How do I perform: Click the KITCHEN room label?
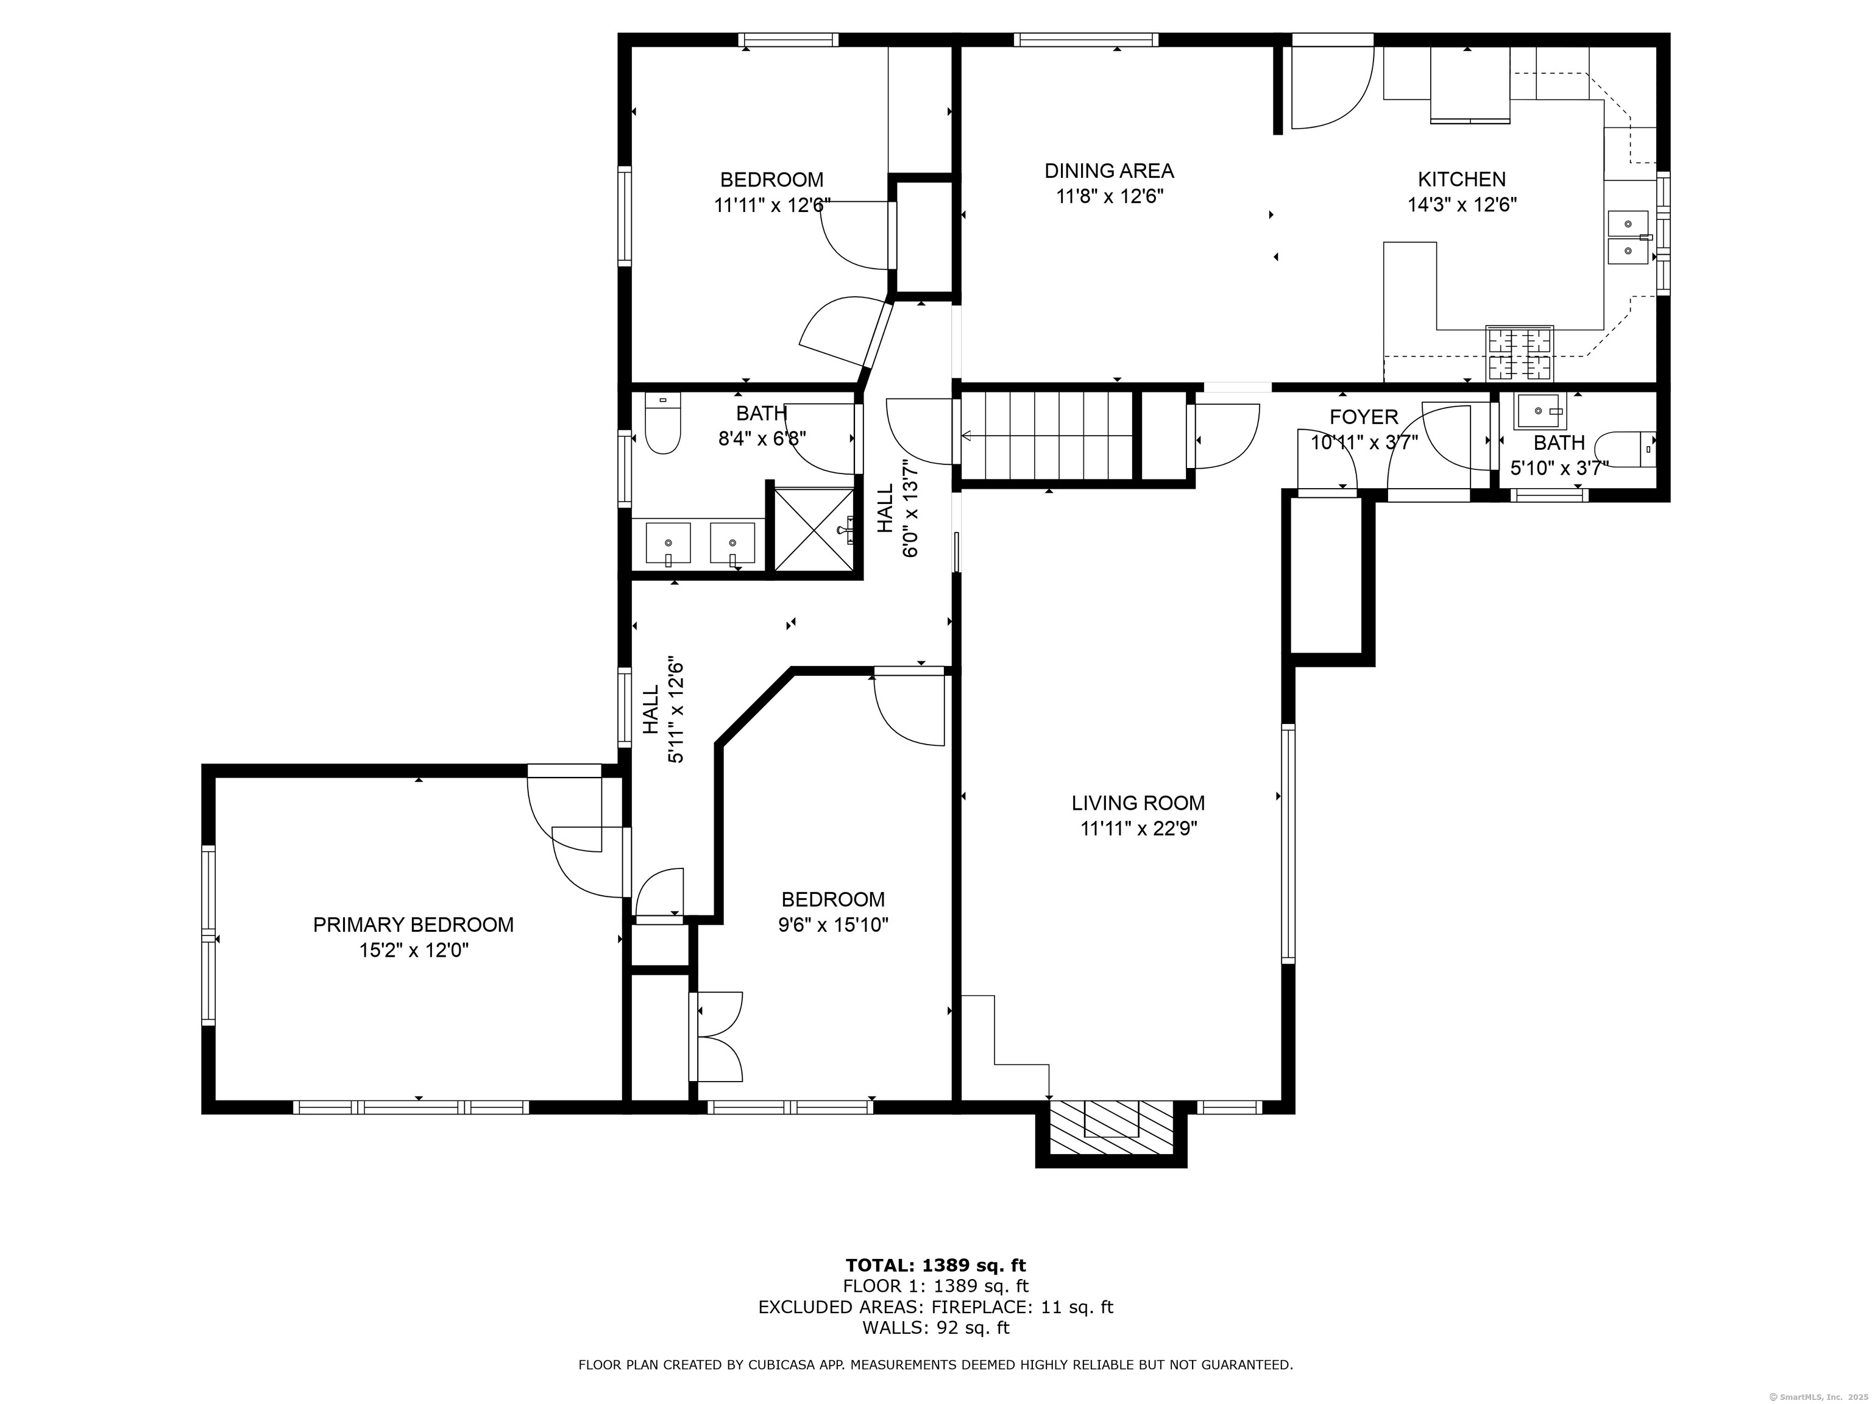(1461, 179)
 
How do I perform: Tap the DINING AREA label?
(1108, 171)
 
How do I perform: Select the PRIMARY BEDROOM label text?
(413, 925)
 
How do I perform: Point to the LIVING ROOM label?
(1138, 803)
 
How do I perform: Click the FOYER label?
(1363, 417)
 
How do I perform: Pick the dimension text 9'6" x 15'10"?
(833, 925)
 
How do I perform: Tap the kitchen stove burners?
(1520, 353)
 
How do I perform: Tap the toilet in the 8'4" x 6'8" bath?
(662, 423)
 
